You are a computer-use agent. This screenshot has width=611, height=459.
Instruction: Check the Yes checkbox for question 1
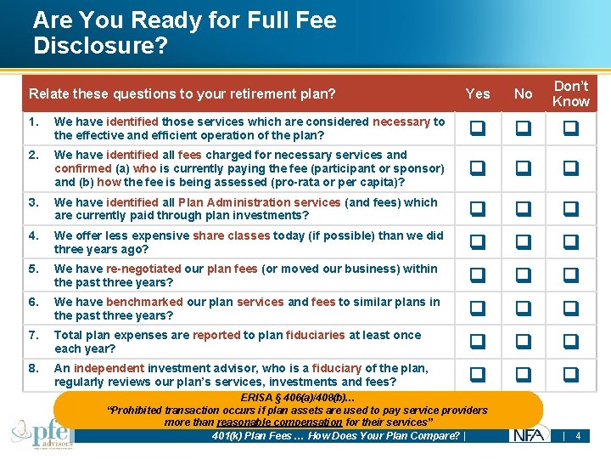[x=478, y=128]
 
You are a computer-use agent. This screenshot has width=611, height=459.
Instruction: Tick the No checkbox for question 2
[x=524, y=168]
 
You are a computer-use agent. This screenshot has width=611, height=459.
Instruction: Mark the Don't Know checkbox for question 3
[x=570, y=209]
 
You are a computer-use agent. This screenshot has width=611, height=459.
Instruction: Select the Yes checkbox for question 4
[x=478, y=242]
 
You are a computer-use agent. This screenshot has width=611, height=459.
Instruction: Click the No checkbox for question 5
[x=524, y=275]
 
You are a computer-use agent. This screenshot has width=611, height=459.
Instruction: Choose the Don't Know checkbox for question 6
[x=570, y=309]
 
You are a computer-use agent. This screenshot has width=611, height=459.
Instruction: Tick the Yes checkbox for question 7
[x=478, y=342]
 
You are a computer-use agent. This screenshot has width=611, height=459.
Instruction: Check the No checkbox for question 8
[x=524, y=374]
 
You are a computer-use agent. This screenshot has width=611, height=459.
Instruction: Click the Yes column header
[x=478, y=93]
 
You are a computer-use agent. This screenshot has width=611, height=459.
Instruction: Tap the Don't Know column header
[x=570, y=93]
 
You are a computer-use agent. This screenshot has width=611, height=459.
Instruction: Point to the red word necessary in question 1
[x=401, y=122]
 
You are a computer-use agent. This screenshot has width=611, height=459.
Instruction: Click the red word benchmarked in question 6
[x=144, y=302]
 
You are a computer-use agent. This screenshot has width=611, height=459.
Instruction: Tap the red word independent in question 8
[x=109, y=368]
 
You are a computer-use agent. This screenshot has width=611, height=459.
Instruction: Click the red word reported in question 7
[x=216, y=335]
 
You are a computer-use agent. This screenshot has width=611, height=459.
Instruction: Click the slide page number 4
[x=578, y=436]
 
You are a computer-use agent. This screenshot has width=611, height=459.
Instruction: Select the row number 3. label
[x=33, y=202]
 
